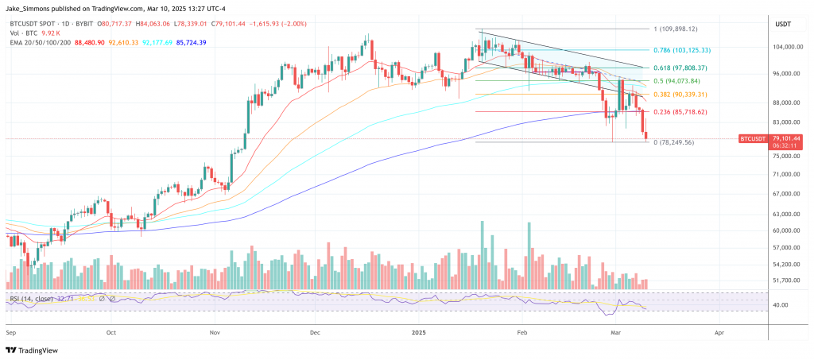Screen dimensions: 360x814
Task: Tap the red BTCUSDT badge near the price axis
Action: pos(754,139)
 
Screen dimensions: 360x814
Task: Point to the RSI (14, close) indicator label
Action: pos(32,299)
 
